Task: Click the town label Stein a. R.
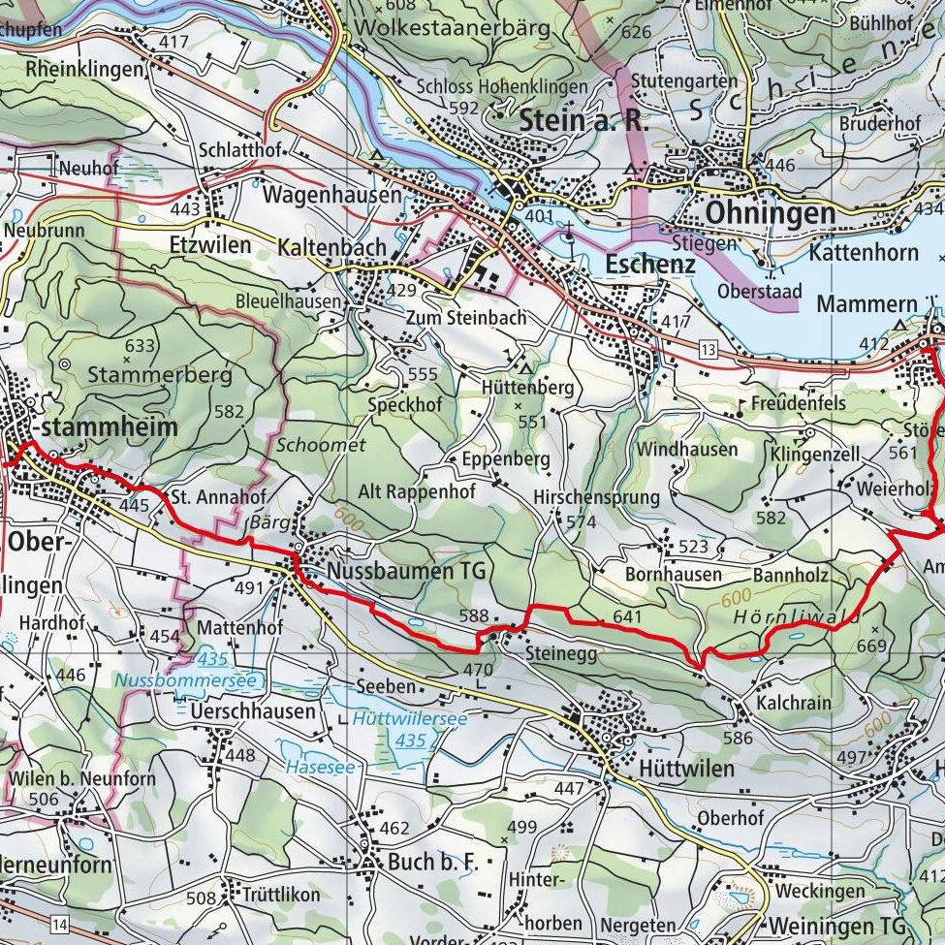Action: pyautogui.click(x=583, y=120)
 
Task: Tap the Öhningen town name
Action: pyautogui.click(x=757, y=212)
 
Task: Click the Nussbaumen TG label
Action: pyautogui.click(x=406, y=572)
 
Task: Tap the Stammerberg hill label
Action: pyautogui.click(x=160, y=374)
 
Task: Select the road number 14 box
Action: pyautogui.click(x=61, y=920)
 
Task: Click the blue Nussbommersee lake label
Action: pyautogui.click(x=187, y=680)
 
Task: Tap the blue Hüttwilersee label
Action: pyautogui.click(x=409, y=719)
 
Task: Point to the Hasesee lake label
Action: pyautogui.click(x=320, y=767)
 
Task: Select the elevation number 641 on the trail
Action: pyautogui.click(x=627, y=616)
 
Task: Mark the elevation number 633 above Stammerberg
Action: pyautogui.click(x=140, y=345)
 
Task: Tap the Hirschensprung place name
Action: pyautogui.click(x=596, y=497)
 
